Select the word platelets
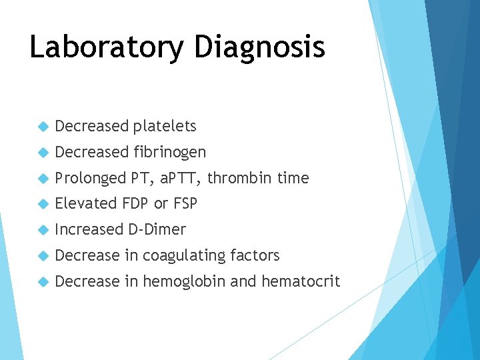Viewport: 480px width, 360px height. pos(165,126)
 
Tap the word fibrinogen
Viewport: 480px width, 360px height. pos(169,152)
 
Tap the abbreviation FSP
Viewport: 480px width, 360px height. pos(185,203)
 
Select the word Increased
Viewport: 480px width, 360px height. pos(89,229)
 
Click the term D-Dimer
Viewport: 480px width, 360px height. pos(157,229)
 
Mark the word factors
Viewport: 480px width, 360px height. pos(255,255)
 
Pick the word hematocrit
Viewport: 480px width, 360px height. pos(301,281)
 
